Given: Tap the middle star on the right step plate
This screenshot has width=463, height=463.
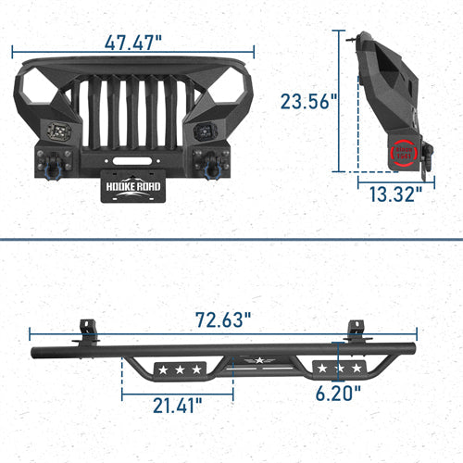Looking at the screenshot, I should (x=335, y=369).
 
